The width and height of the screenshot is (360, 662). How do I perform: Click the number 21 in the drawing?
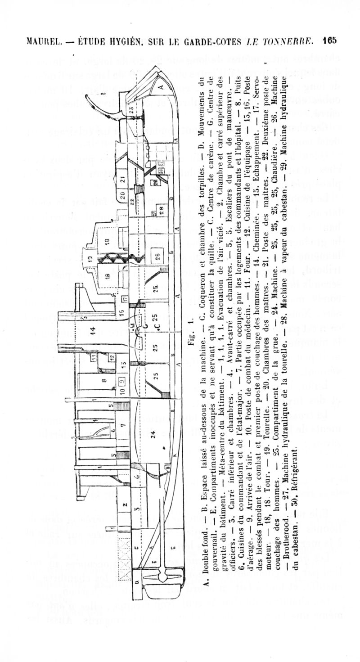coord(122,179)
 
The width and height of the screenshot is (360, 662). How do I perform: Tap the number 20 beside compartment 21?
coord(122,195)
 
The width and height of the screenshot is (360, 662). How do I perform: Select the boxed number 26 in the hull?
coord(157,257)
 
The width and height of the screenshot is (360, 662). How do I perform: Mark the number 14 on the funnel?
coord(93,331)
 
